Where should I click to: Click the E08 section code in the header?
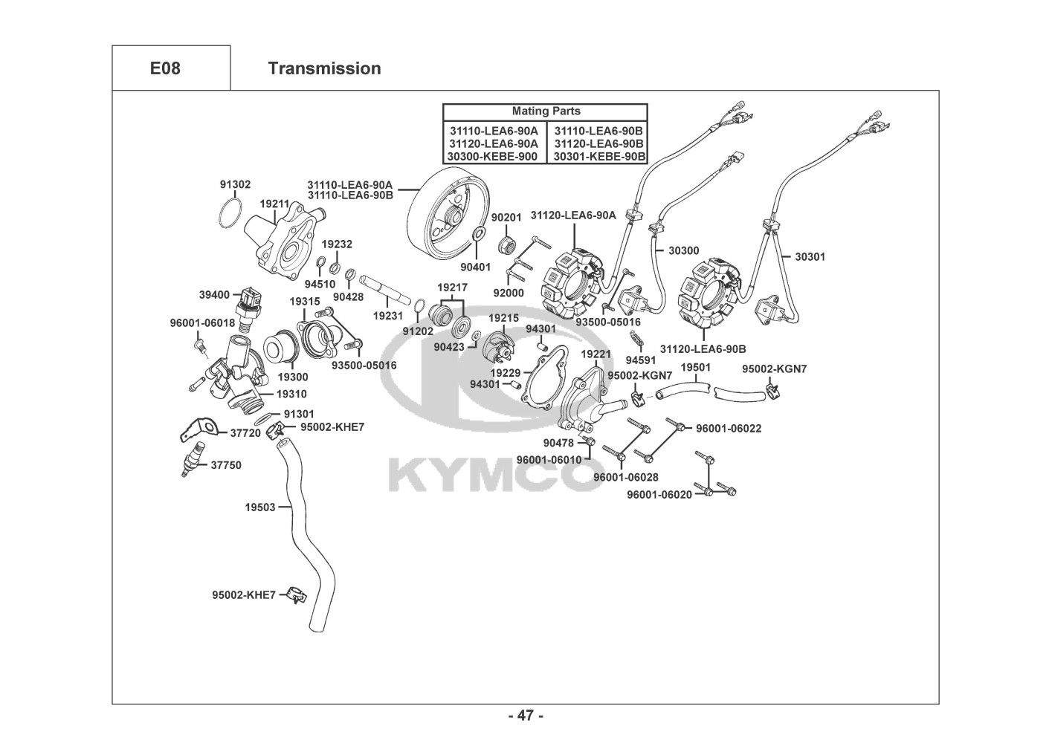(x=165, y=68)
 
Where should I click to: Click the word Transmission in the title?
(x=324, y=68)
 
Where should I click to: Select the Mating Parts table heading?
(x=546, y=111)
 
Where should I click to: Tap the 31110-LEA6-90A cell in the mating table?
(x=494, y=130)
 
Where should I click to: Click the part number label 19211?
(x=274, y=204)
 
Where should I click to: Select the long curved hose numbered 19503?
(x=301, y=535)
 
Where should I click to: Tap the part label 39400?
(x=214, y=295)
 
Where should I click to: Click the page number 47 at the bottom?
(x=526, y=716)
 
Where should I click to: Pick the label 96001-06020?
(x=659, y=495)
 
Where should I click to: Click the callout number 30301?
(x=810, y=256)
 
